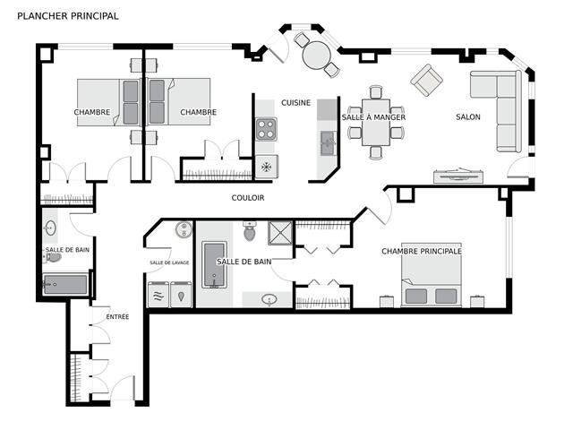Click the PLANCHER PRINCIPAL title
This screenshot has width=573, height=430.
pyautogui.click(x=68, y=16)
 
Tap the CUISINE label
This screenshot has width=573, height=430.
pyautogui.click(x=295, y=103)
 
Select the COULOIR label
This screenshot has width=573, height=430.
pyautogui.click(x=248, y=198)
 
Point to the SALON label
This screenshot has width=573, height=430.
pyautogui.click(x=468, y=117)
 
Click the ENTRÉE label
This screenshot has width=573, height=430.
pyautogui.click(x=117, y=316)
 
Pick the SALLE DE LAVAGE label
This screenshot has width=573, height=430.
pyautogui.click(x=169, y=262)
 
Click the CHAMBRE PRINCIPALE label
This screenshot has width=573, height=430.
pyautogui.click(x=422, y=251)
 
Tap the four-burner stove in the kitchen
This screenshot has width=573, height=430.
pyautogui.click(x=266, y=129)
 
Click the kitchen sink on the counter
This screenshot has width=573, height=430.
pyautogui.click(x=328, y=143)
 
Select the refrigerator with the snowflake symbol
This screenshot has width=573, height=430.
pyautogui.click(x=267, y=167)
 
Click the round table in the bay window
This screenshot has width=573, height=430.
pyautogui.click(x=316, y=56)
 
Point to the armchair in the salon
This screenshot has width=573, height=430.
pyautogui.click(x=426, y=80)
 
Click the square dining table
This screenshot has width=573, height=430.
pyautogui.click(x=376, y=122)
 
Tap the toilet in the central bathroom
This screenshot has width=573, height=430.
pyautogui.click(x=250, y=231)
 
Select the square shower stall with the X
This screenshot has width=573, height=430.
pyautogui.click(x=280, y=233)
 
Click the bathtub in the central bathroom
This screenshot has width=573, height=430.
pyautogui.click(x=214, y=264)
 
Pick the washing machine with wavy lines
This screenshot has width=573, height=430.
pyautogui.click(x=158, y=295)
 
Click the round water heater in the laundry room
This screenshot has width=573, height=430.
pyautogui.click(x=184, y=229)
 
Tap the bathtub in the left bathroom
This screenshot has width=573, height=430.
pyautogui.click(x=65, y=285)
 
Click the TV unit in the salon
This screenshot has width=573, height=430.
pyautogui.click(x=459, y=176)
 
